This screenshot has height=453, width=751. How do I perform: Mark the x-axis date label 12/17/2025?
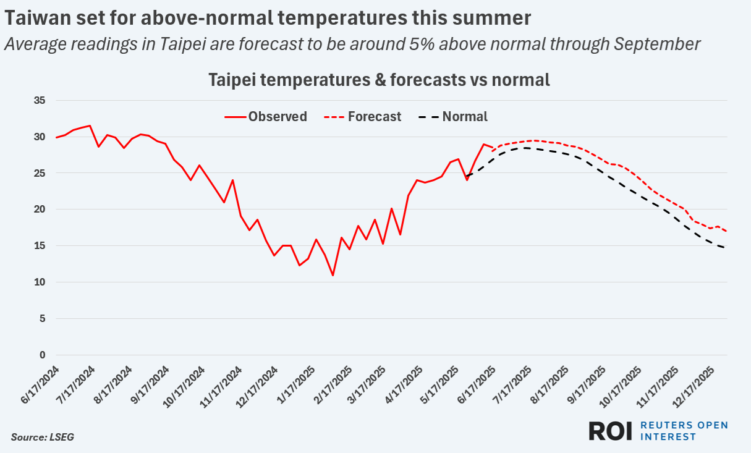[697, 384]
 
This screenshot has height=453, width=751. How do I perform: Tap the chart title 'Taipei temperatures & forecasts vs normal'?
[379, 80]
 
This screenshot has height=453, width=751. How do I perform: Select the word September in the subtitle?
[656, 44]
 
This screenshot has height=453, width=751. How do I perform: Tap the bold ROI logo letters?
[610, 431]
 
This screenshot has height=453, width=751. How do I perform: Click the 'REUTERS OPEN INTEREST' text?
[684, 431]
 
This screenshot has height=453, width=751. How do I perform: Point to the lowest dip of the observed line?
[333, 275]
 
